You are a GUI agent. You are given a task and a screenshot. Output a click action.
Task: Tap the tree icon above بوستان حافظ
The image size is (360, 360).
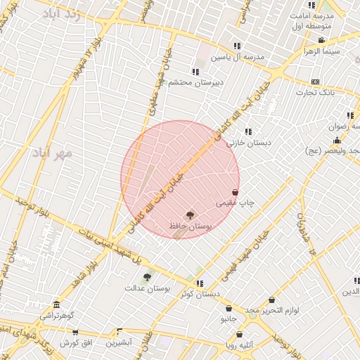pos(189,214)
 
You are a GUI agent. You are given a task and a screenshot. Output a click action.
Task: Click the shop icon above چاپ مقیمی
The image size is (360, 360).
pos(235,192)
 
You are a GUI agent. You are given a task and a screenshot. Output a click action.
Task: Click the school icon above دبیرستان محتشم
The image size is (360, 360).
pos(195,72)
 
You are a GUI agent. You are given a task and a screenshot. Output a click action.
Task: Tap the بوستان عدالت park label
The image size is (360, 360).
pos(144,288)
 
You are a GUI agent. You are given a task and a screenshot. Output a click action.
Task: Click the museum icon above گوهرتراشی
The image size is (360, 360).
pos(56,305)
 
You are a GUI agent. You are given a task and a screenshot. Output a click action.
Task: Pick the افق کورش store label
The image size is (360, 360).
pos(77,342)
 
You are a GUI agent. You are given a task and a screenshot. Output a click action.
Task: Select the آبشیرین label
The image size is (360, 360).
pos(119,342)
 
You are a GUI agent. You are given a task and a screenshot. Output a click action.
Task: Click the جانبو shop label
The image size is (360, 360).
pos(229,319)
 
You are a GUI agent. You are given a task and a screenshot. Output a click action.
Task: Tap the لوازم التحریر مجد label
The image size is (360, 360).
pos(273,310)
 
